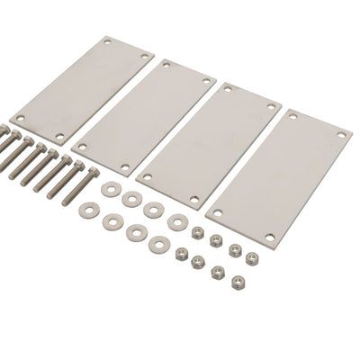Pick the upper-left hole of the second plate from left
162,66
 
